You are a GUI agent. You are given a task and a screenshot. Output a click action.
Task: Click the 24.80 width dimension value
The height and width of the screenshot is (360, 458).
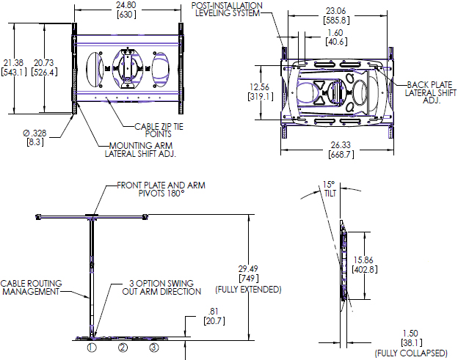126,5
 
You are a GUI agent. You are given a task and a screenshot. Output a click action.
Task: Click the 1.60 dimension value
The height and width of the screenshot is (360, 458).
335,33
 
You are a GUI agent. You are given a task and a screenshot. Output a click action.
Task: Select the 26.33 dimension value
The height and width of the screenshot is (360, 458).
335,145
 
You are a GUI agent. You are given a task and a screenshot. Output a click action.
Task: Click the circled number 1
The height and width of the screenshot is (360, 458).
92,347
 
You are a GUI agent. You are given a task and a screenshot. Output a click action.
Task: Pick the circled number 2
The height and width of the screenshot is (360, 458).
123,347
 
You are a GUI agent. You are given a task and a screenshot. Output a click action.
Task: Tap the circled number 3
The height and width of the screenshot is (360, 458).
154,347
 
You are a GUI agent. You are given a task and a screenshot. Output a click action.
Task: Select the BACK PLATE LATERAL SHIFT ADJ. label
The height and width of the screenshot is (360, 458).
430,92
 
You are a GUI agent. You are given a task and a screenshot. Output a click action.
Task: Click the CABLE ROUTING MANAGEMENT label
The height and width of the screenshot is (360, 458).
30,287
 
